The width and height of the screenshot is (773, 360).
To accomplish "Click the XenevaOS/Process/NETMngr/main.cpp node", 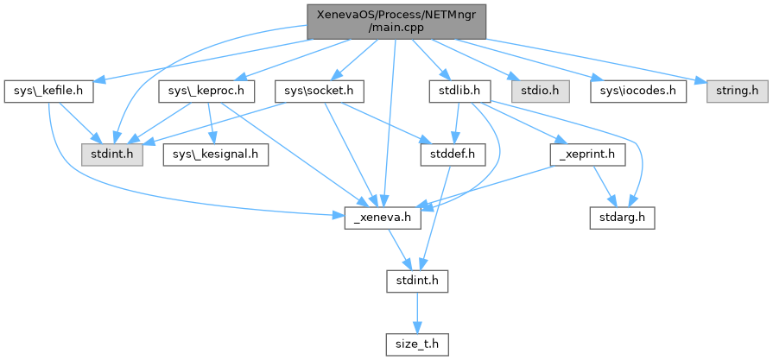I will point(396,21).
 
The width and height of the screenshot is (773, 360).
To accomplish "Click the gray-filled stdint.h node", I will point(107,155).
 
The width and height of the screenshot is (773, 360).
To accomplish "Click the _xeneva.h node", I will point(383,218).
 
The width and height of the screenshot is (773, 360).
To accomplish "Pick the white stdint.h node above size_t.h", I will point(416,281).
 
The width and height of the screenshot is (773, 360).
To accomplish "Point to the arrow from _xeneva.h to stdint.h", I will point(400,250).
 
